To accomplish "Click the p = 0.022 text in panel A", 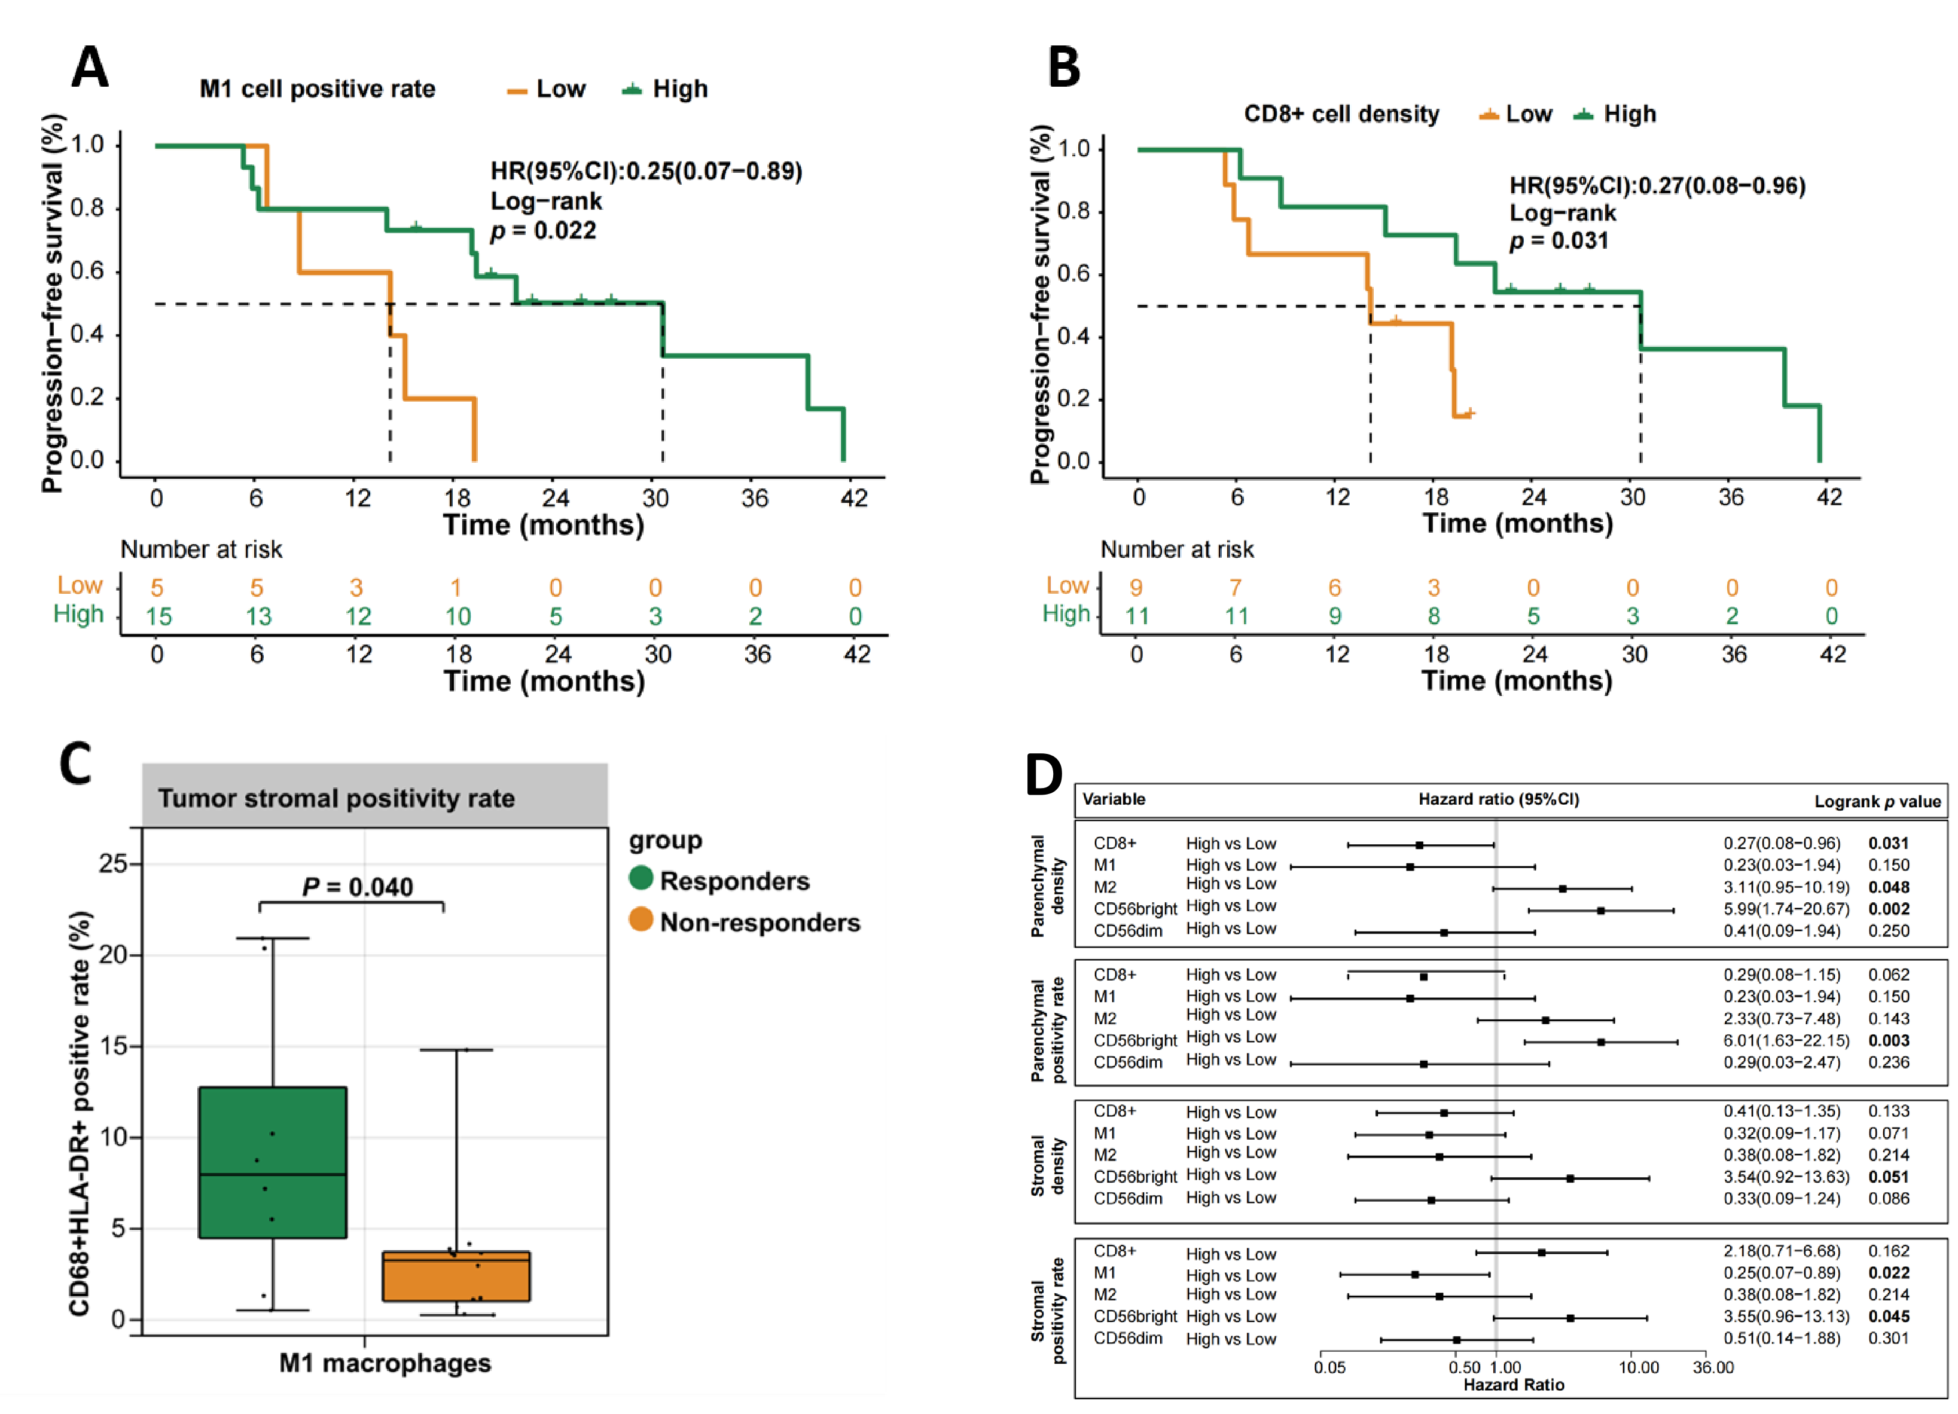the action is coord(543,231).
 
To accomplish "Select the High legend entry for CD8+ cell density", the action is coord(1614,114).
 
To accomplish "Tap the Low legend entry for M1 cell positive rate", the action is coord(547,89).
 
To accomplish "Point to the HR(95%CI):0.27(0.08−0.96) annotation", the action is coord(1657,185).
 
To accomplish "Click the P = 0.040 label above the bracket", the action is coord(358,887).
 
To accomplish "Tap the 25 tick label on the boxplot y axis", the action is coord(113,863).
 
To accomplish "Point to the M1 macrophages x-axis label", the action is coord(385,1363).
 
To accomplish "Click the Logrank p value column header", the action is coord(1877,801).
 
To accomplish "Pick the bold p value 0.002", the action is coord(1889,908).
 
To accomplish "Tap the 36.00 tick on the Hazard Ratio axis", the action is coord(1713,1367).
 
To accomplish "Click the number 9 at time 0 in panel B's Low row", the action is coord(1136,588).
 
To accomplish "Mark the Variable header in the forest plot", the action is coord(1114,799).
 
